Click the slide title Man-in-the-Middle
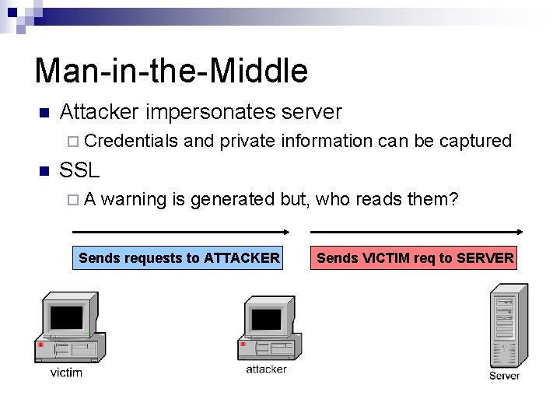tap(171, 71)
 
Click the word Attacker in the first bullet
tap(98, 113)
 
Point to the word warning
tap(134, 200)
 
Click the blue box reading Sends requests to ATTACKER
tap(180, 258)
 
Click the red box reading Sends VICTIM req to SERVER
tap(415, 258)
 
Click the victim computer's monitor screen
tap(66, 317)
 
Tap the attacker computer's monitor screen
tap(266, 319)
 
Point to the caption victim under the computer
tap(66, 373)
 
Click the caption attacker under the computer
tap(266, 369)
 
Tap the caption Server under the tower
tap(505, 376)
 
